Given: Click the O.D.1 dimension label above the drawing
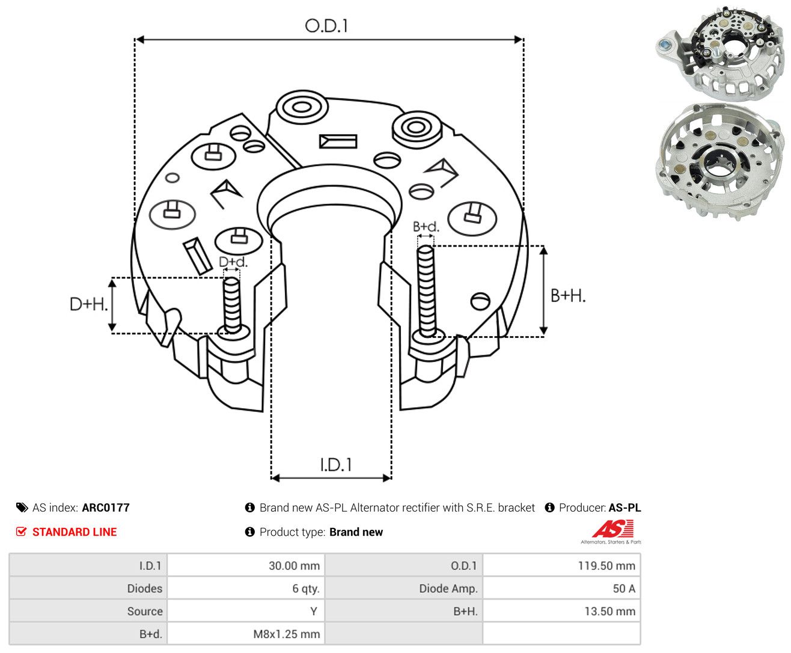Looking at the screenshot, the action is [326, 26].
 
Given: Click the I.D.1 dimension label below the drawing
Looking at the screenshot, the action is [336, 465].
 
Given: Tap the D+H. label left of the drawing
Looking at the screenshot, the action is [88, 304].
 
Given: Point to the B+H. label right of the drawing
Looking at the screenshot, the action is [568, 296].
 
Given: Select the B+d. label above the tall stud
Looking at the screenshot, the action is [426, 227].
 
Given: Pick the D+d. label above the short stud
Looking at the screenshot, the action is [233, 262].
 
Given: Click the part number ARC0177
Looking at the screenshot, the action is [106, 507].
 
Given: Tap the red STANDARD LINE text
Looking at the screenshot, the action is [75, 532].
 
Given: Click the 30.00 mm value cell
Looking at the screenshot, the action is [246, 565].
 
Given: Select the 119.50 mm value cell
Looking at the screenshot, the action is [561, 565].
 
